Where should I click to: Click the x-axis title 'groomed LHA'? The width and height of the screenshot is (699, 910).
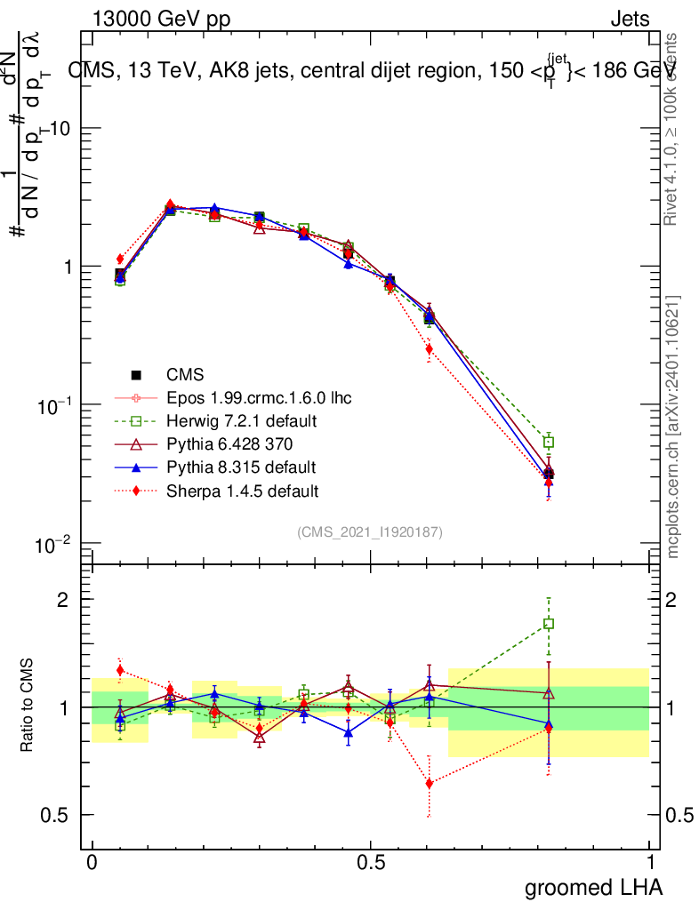click(x=593, y=887)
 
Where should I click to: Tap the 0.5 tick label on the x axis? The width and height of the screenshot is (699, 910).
click(x=371, y=863)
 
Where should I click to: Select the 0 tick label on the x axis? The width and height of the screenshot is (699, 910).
click(x=92, y=863)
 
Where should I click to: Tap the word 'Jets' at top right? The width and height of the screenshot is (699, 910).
click(x=629, y=20)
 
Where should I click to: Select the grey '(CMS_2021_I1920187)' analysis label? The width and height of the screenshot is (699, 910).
click(x=370, y=531)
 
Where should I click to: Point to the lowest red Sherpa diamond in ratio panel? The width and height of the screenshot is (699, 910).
click(x=430, y=784)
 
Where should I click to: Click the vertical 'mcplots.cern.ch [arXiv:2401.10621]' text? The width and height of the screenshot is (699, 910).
click(x=673, y=427)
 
